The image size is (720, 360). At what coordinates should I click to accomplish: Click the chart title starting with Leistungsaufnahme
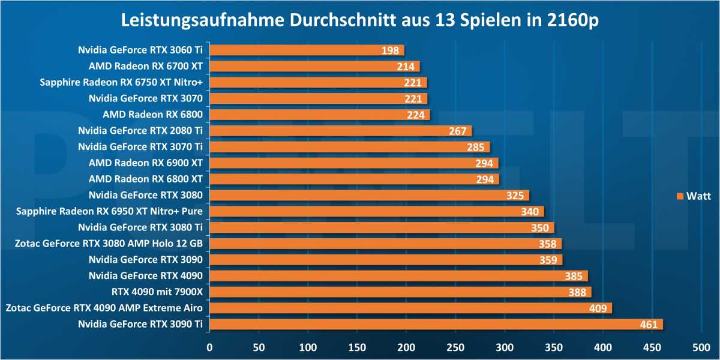point(360,20)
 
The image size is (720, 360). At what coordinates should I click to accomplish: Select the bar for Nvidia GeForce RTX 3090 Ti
point(436,325)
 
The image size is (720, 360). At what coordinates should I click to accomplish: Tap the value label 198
point(390,50)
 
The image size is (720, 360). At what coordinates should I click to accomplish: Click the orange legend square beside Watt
point(680,196)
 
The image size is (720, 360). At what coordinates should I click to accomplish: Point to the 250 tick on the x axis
point(455,347)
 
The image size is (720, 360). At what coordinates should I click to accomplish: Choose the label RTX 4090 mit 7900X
point(157,292)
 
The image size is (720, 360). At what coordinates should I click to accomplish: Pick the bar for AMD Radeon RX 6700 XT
point(314,67)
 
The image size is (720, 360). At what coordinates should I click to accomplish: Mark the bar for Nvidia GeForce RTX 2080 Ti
point(340,131)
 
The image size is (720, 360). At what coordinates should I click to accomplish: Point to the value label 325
point(515,196)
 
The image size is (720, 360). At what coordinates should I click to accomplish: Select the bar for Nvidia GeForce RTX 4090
point(398,276)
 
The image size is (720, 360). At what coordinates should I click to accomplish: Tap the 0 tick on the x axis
point(209,347)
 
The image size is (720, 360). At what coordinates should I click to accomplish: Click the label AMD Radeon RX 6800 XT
point(145,179)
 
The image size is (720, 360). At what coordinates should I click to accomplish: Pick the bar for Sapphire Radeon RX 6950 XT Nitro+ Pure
point(376,211)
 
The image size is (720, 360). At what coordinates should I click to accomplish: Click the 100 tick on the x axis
point(308,347)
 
